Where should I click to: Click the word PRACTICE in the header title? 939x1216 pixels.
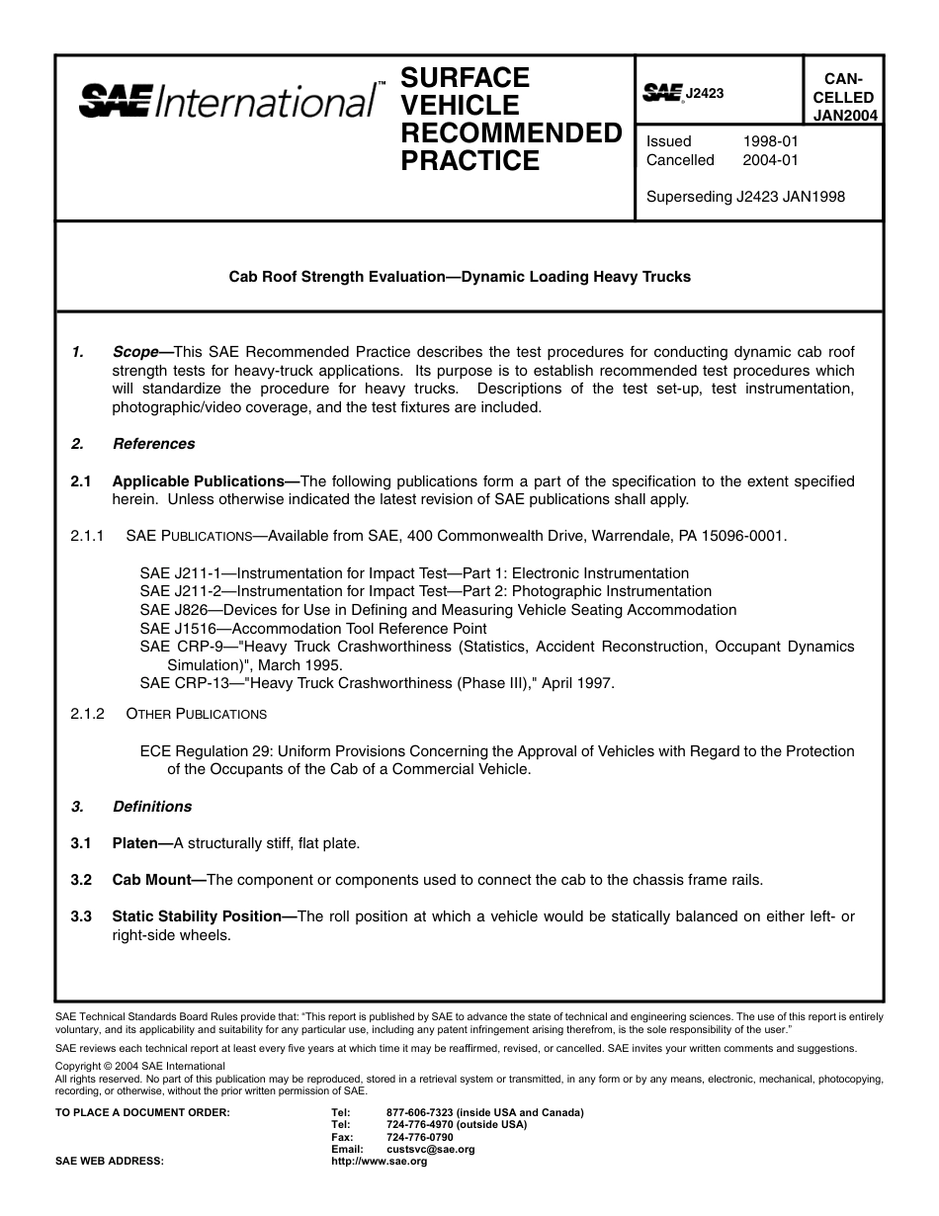[x=469, y=161]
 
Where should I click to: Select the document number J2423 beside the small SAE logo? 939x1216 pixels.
[x=705, y=93]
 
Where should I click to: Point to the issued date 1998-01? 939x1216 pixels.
[x=770, y=141]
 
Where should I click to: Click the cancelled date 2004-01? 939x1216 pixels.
[x=770, y=160]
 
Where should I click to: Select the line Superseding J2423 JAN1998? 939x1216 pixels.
[x=745, y=197]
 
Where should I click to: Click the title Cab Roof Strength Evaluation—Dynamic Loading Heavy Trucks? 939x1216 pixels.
[x=460, y=277]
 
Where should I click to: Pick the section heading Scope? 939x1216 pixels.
[x=136, y=352]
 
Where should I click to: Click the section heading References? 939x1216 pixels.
[x=153, y=444]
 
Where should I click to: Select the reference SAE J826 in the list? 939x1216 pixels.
[x=171, y=610]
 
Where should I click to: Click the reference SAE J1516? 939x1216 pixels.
[x=175, y=629]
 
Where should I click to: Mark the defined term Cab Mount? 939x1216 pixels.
[x=151, y=880]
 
